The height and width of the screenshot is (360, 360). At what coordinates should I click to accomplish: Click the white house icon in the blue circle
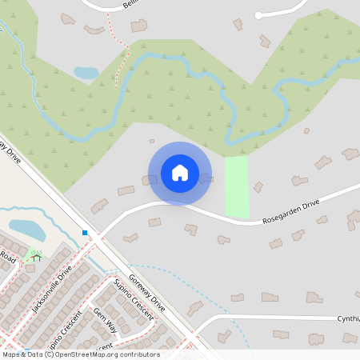[180, 173]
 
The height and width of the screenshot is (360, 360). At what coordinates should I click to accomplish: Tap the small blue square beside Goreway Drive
[85, 233]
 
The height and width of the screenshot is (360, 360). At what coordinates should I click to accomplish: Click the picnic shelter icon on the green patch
[35, 257]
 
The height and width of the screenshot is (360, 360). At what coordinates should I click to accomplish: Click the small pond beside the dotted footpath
[86, 73]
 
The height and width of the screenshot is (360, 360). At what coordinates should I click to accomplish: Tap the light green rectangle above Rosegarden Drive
[236, 186]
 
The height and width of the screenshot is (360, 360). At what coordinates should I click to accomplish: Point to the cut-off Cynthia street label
[347, 318]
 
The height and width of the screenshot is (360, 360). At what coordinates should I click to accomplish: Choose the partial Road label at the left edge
[7, 258]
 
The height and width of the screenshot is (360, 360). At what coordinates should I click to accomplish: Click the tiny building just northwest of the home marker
[152, 141]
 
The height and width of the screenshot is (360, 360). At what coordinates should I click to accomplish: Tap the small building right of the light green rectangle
[258, 186]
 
